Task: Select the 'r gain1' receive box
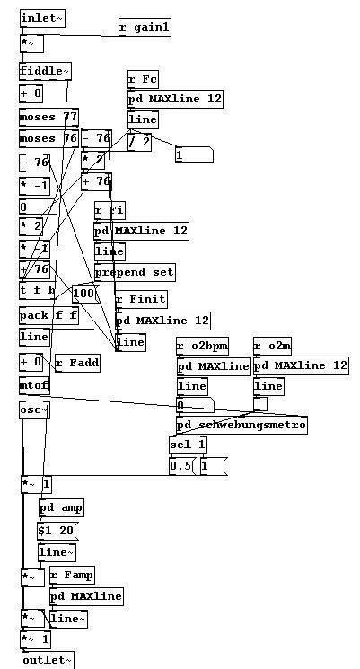[x=144, y=28]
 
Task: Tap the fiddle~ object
[x=45, y=71]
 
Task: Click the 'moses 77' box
[x=48, y=117]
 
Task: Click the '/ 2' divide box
[x=139, y=142]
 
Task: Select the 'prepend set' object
[x=135, y=272]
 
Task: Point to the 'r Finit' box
[x=141, y=298]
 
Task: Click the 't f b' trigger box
[x=38, y=290]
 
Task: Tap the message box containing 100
[x=83, y=294]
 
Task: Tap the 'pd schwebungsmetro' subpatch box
[x=241, y=425]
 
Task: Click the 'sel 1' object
[x=188, y=445]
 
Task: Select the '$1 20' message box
[x=57, y=531]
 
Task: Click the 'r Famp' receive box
[x=72, y=575]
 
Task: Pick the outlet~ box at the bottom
[x=47, y=661]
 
